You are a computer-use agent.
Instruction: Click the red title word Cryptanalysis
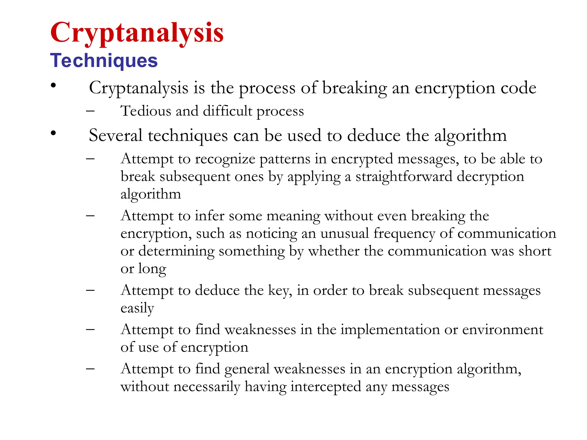point(137,33)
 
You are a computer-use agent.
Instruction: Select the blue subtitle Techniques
point(104,60)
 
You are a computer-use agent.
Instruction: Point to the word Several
point(116,135)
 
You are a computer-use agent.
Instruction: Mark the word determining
point(176,252)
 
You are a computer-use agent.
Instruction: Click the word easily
point(137,309)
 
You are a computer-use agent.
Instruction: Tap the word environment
point(503,329)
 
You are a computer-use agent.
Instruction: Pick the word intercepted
point(326,387)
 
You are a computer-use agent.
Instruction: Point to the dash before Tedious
point(90,111)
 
